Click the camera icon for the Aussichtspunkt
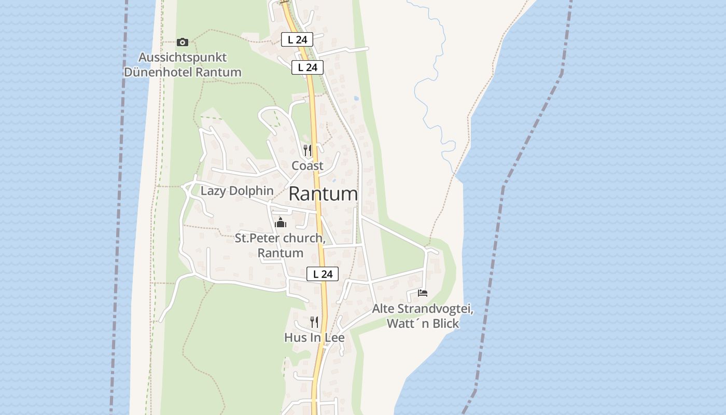pos(183,42)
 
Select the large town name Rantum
pos(323,193)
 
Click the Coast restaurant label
pos(308,165)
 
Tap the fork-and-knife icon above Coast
pos(308,150)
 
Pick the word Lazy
pos(213,190)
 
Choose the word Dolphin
pos(250,190)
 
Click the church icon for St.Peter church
pos(281,223)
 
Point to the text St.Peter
pos(257,238)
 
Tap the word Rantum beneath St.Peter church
pos(281,253)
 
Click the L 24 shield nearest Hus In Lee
pos(323,274)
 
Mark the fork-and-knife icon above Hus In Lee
pos(314,322)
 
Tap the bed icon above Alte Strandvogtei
pos(423,293)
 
